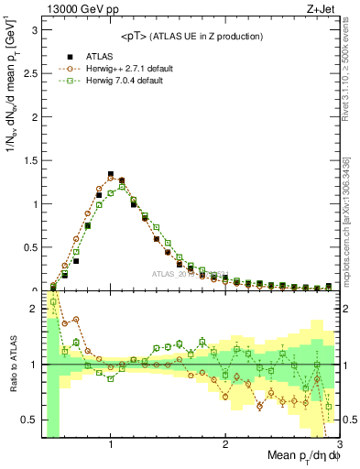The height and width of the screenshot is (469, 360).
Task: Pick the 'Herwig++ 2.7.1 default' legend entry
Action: click(119, 68)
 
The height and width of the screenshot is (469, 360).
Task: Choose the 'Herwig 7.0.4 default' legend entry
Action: click(116, 81)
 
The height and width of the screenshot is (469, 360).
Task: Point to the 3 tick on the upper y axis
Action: click(33, 29)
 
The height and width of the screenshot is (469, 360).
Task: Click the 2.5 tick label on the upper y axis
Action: click(29, 72)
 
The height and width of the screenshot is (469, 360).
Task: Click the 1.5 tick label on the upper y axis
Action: click(29, 160)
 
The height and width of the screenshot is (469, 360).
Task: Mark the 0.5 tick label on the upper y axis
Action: click(29, 247)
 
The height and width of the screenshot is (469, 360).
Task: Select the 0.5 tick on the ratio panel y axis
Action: click(29, 420)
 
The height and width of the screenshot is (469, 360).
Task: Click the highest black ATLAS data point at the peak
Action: click(111, 174)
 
